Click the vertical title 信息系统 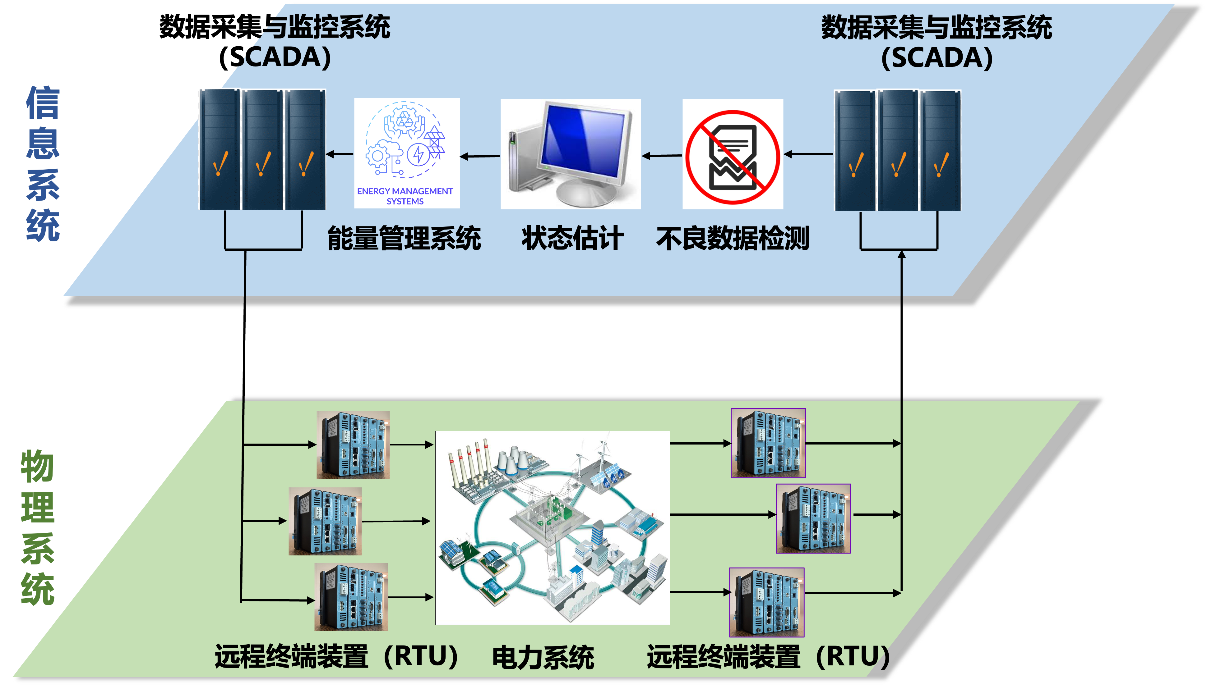43,163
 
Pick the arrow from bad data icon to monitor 662,155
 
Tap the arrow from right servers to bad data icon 808,154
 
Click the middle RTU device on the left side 325,521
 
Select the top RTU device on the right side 768,443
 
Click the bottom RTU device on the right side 767,602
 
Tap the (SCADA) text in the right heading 936,58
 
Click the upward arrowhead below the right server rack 902,255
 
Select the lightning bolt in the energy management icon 419,154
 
